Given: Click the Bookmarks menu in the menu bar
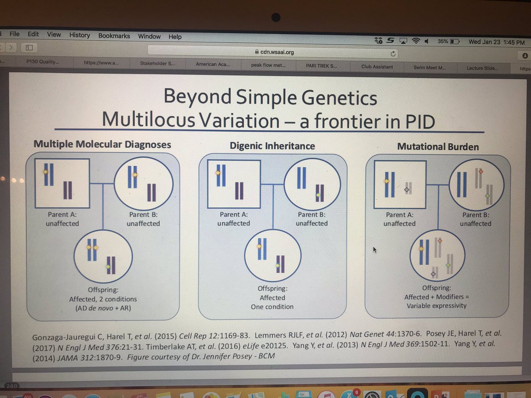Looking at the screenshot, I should click(x=114, y=35).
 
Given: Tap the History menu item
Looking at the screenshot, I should click(x=79, y=35).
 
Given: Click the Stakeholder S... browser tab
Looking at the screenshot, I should click(x=158, y=63).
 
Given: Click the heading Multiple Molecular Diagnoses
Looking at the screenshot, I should click(x=102, y=144).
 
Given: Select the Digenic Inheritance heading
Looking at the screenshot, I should click(x=272, y=145).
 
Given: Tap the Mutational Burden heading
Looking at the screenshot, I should click(x=438, y=146).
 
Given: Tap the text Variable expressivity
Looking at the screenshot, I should click(x=436, y=306).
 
